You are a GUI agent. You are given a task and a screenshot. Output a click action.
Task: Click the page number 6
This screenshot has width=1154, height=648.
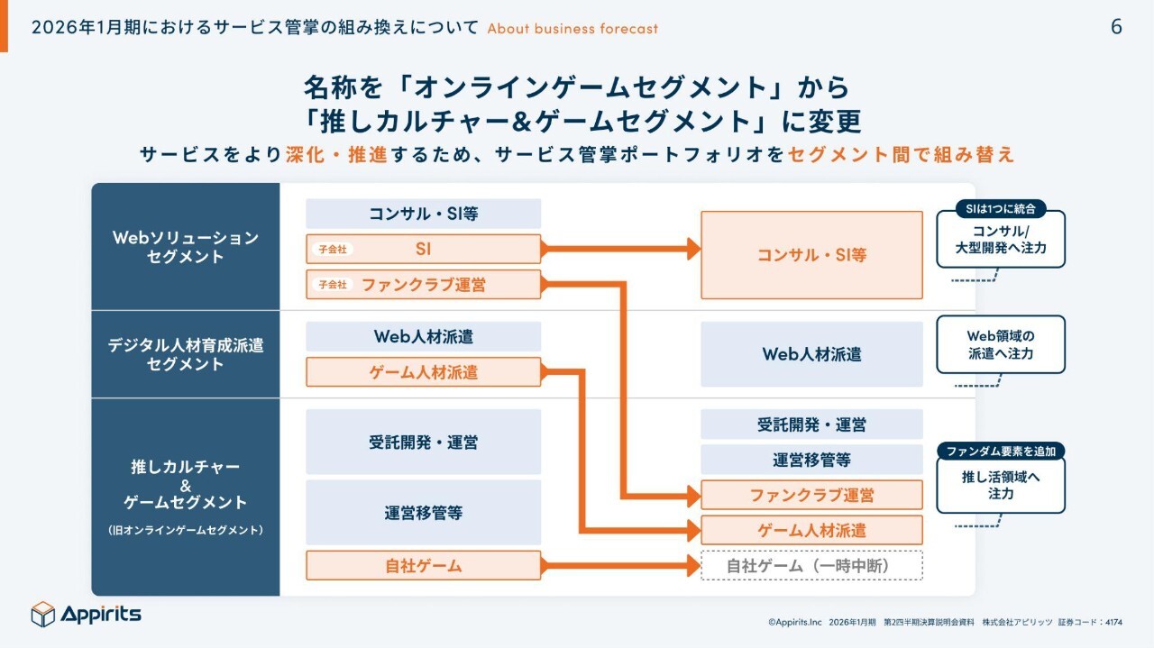point(1116,27)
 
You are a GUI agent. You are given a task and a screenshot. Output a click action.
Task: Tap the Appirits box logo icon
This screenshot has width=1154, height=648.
point(43,614)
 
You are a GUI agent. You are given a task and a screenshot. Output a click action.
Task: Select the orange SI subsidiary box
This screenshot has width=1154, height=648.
point(423,249)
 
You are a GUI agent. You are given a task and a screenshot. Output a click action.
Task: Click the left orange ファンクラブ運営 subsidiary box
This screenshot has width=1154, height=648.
point(423,284)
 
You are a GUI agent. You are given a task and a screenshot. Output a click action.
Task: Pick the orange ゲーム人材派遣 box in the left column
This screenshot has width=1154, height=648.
point(423,372)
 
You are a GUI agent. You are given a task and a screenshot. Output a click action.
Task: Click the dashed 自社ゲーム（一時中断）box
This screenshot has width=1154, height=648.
point(811,566)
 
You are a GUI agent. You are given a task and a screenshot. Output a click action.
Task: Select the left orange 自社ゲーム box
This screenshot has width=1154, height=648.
point(423,566)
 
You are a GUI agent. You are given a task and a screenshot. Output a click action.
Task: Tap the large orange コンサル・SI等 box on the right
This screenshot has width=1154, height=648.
point(811,255)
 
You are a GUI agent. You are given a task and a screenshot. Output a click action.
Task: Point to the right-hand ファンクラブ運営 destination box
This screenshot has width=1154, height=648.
point(811,495)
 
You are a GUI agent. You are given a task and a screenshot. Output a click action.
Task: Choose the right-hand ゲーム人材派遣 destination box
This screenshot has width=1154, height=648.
point(811,530)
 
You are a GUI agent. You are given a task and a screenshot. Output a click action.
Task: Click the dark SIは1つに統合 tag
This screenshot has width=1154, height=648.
point(1000,209)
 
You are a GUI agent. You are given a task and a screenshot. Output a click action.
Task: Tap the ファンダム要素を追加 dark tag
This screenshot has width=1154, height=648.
point(1001,451)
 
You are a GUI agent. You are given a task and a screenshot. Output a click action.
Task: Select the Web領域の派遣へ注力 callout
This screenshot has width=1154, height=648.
point(1000,344)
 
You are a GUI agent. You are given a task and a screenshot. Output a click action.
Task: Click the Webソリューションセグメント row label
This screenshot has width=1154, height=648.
point(185,247)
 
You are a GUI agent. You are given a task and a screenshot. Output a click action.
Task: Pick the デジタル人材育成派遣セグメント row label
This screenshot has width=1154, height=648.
point(185,354)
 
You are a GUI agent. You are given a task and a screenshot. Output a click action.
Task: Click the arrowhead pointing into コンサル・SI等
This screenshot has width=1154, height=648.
point(693,249)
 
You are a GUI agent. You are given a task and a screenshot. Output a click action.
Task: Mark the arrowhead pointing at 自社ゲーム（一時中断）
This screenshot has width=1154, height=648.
point(693,566)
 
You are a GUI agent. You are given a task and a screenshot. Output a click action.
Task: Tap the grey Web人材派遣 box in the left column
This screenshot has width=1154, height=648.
point(423,336)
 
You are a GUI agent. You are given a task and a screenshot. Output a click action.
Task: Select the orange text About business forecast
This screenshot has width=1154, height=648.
point(572,28)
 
